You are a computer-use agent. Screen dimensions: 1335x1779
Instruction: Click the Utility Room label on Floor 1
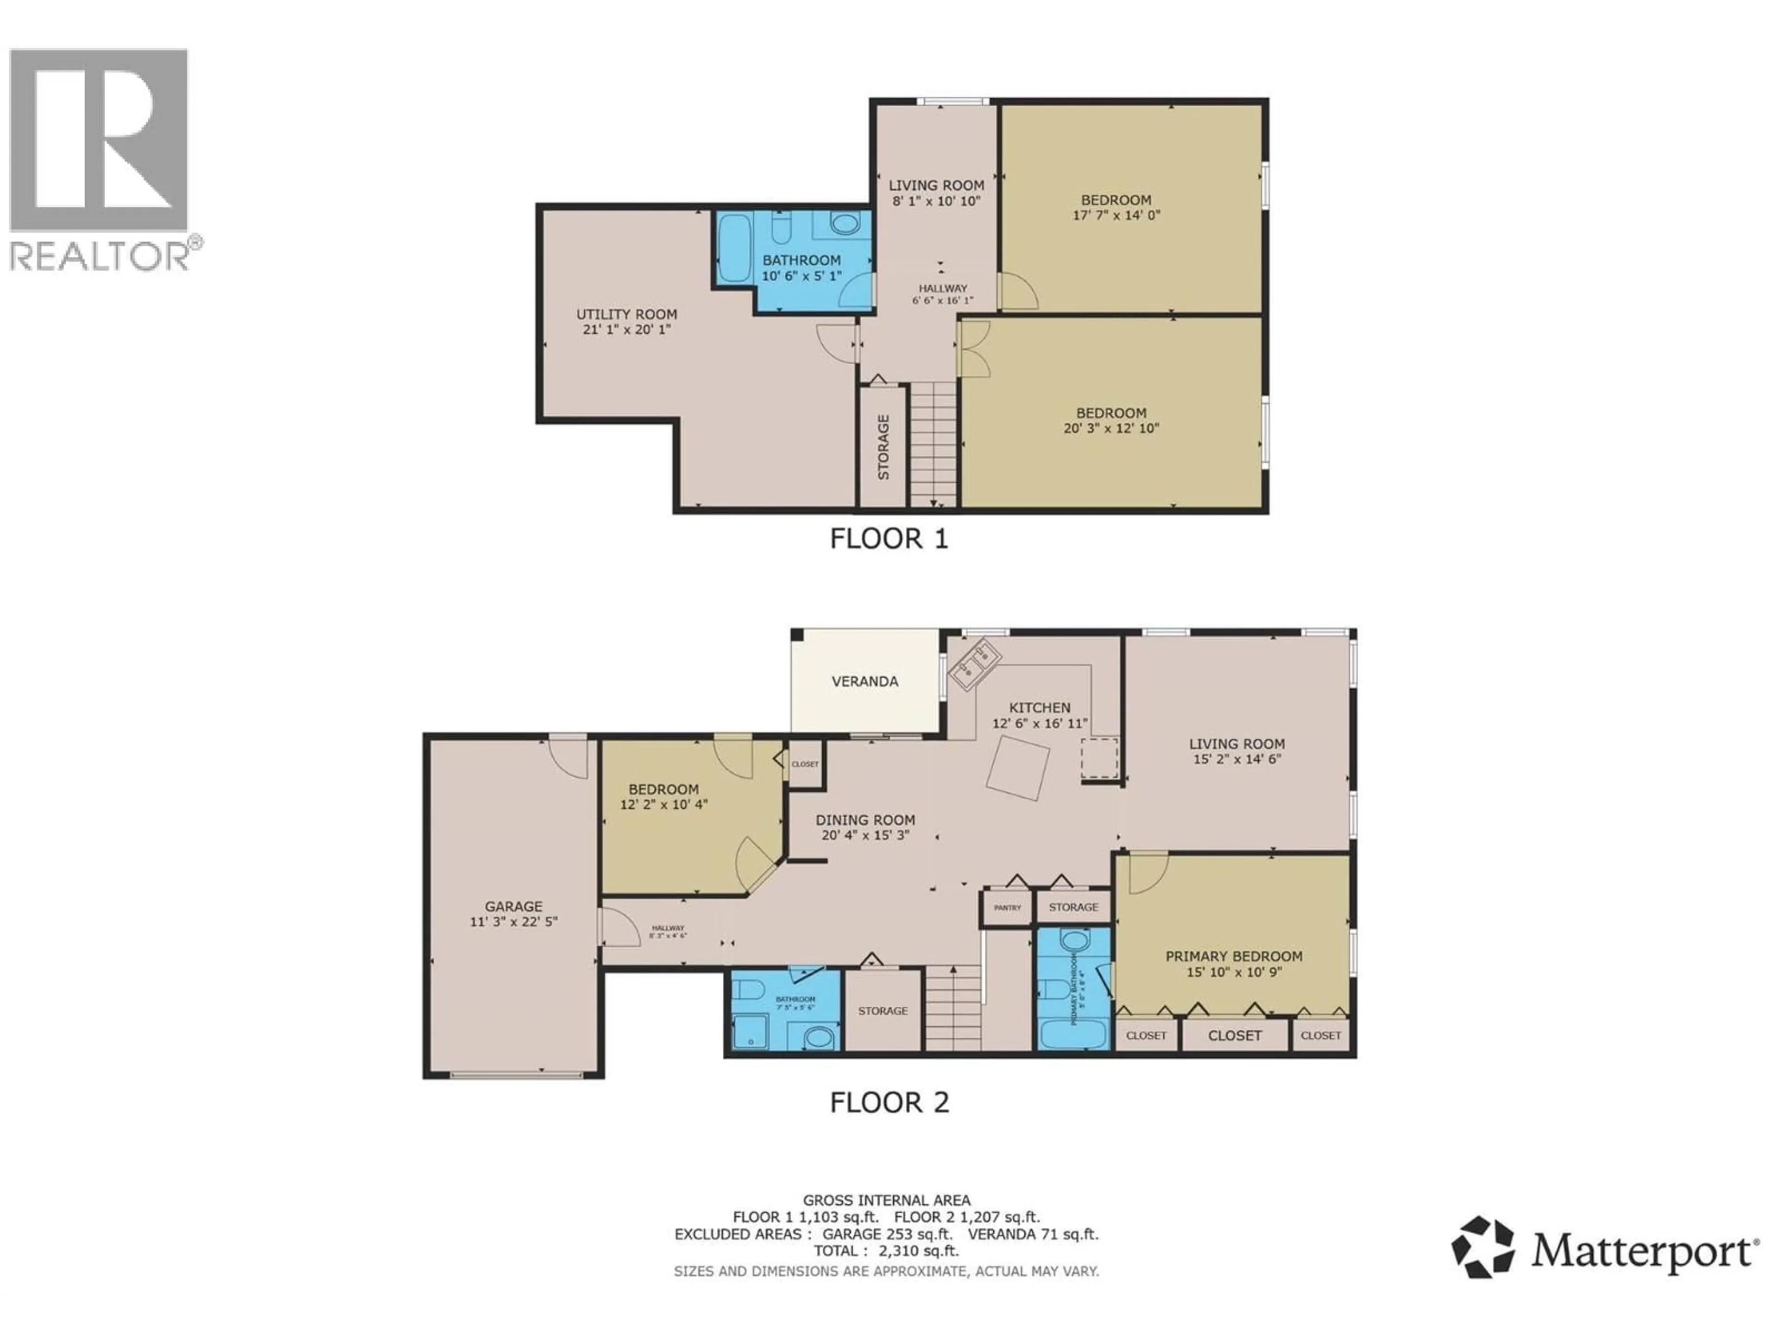[x=626, y=315]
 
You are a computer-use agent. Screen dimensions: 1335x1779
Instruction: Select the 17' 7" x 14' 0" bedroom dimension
[x=1116, y=216]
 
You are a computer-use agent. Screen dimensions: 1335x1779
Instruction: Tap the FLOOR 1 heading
[x=889, y=538]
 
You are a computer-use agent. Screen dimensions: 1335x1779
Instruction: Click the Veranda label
[x=864, y=681]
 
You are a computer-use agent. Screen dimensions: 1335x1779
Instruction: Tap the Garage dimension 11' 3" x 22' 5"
[x=513, y=922]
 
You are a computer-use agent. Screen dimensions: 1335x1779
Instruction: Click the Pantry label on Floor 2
[x=1007, y=908]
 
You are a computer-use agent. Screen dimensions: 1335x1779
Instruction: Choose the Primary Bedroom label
[x=1234, y=956]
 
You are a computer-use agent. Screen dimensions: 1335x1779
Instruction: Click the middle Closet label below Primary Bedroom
[x=1235, y=1036]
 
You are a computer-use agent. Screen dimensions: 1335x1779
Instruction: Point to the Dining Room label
[x=865, y=820]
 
